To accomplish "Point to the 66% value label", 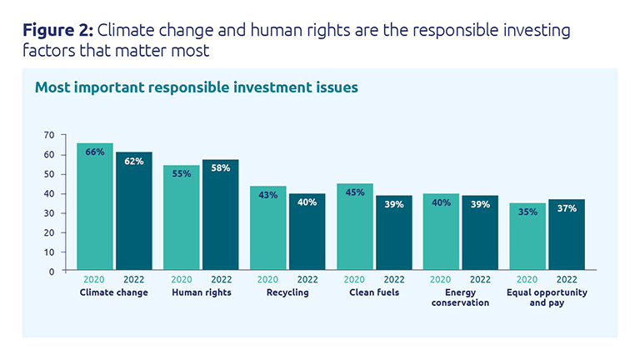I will coord(95,152).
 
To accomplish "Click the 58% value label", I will coord(221,168).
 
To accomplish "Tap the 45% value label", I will coord(354,192).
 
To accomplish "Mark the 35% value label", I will coord(527,212).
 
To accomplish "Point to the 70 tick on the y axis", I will coord(48,135).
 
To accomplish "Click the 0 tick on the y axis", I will coord(51,271).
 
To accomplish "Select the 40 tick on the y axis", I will coord(48,193).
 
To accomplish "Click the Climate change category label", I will coord(114,292).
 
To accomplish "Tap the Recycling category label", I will coord(287,292).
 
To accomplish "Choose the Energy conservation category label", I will coord(460,297).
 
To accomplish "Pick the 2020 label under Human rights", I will coord(182,281).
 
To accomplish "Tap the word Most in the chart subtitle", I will coord(52,87).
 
